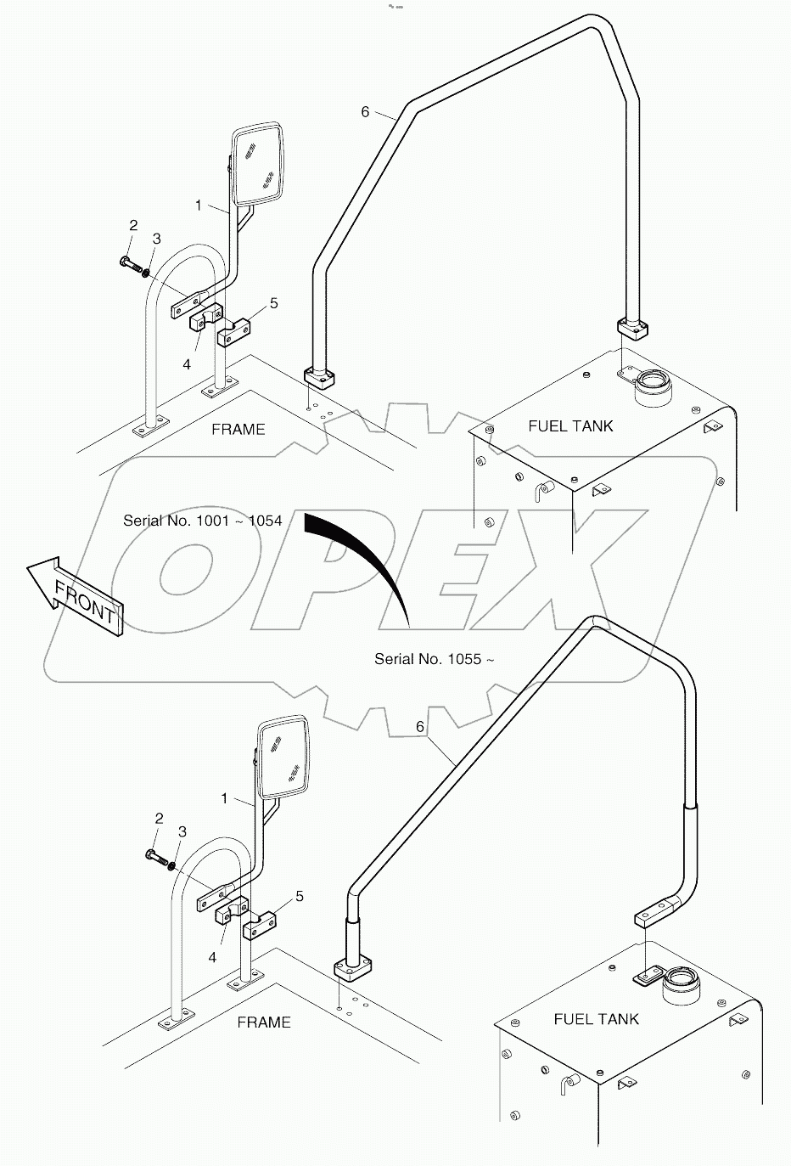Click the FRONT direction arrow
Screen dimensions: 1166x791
76,595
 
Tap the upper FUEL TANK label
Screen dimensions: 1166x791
570,425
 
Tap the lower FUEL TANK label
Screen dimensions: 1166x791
596,1018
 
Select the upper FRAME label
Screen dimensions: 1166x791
238,429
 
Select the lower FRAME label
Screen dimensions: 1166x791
263,1022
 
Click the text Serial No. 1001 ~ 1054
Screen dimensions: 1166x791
202,521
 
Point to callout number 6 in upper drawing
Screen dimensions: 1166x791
366,112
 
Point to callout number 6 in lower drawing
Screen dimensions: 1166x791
420,727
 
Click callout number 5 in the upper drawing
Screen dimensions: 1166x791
273,303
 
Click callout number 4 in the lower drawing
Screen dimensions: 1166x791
212,957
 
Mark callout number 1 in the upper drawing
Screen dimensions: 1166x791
199,205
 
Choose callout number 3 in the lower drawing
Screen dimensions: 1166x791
182,832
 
